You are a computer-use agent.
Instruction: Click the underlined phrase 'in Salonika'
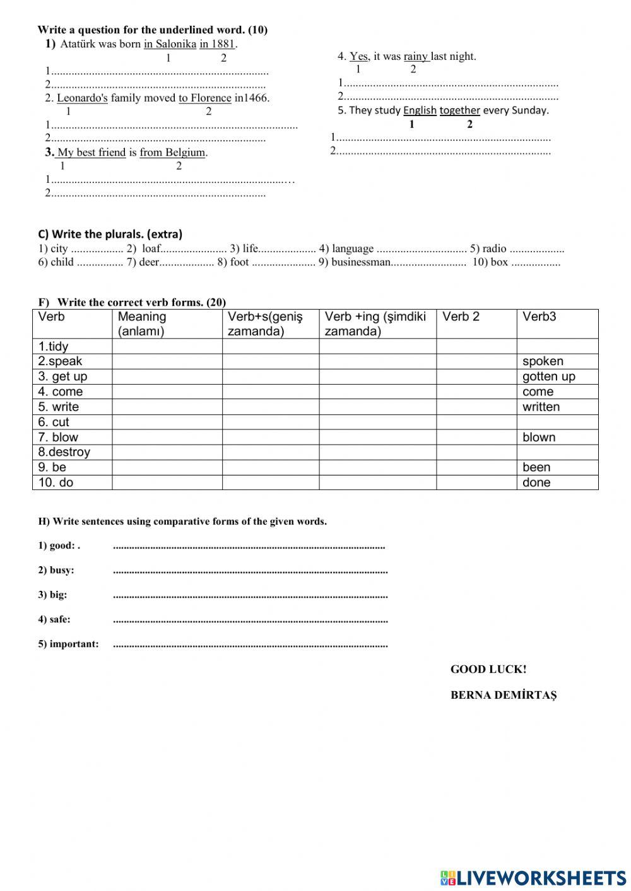pos(170,44)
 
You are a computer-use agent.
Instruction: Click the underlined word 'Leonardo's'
pos(82,98)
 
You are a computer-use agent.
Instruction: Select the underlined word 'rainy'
pos(416,56)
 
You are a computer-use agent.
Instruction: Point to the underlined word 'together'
pos(459,110)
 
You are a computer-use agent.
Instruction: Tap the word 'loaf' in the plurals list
pos(151,248)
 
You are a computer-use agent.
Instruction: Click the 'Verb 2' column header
pos(461,317)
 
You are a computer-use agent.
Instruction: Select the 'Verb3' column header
pos(540,317)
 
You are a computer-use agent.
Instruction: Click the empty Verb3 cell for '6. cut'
pos(557,422)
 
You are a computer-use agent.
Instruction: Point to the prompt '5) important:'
pos(68,644)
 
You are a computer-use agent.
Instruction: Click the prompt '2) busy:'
pos(56,570)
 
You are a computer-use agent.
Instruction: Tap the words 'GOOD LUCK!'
pos(488,670)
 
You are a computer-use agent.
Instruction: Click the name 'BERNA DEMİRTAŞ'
pos(504,695)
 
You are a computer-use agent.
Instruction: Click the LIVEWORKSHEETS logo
pos(533,878)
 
